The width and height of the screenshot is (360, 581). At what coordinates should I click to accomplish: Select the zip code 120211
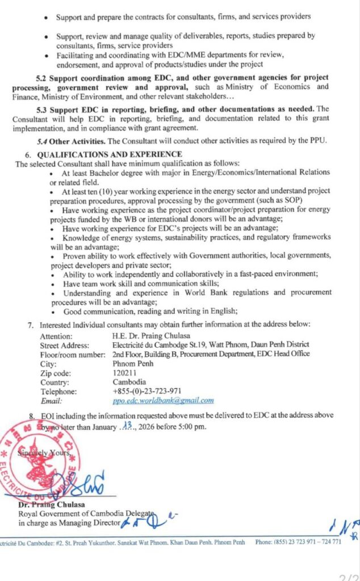point(125,373)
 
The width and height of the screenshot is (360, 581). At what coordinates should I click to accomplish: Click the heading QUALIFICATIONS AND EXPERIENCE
point(109,154)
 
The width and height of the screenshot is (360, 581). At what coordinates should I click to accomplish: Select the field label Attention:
point(56,335)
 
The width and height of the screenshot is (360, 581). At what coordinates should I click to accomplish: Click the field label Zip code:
point(55,373)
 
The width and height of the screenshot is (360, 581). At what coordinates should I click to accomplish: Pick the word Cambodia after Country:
point(129,382)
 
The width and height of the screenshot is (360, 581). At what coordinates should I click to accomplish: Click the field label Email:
point(50,401)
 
